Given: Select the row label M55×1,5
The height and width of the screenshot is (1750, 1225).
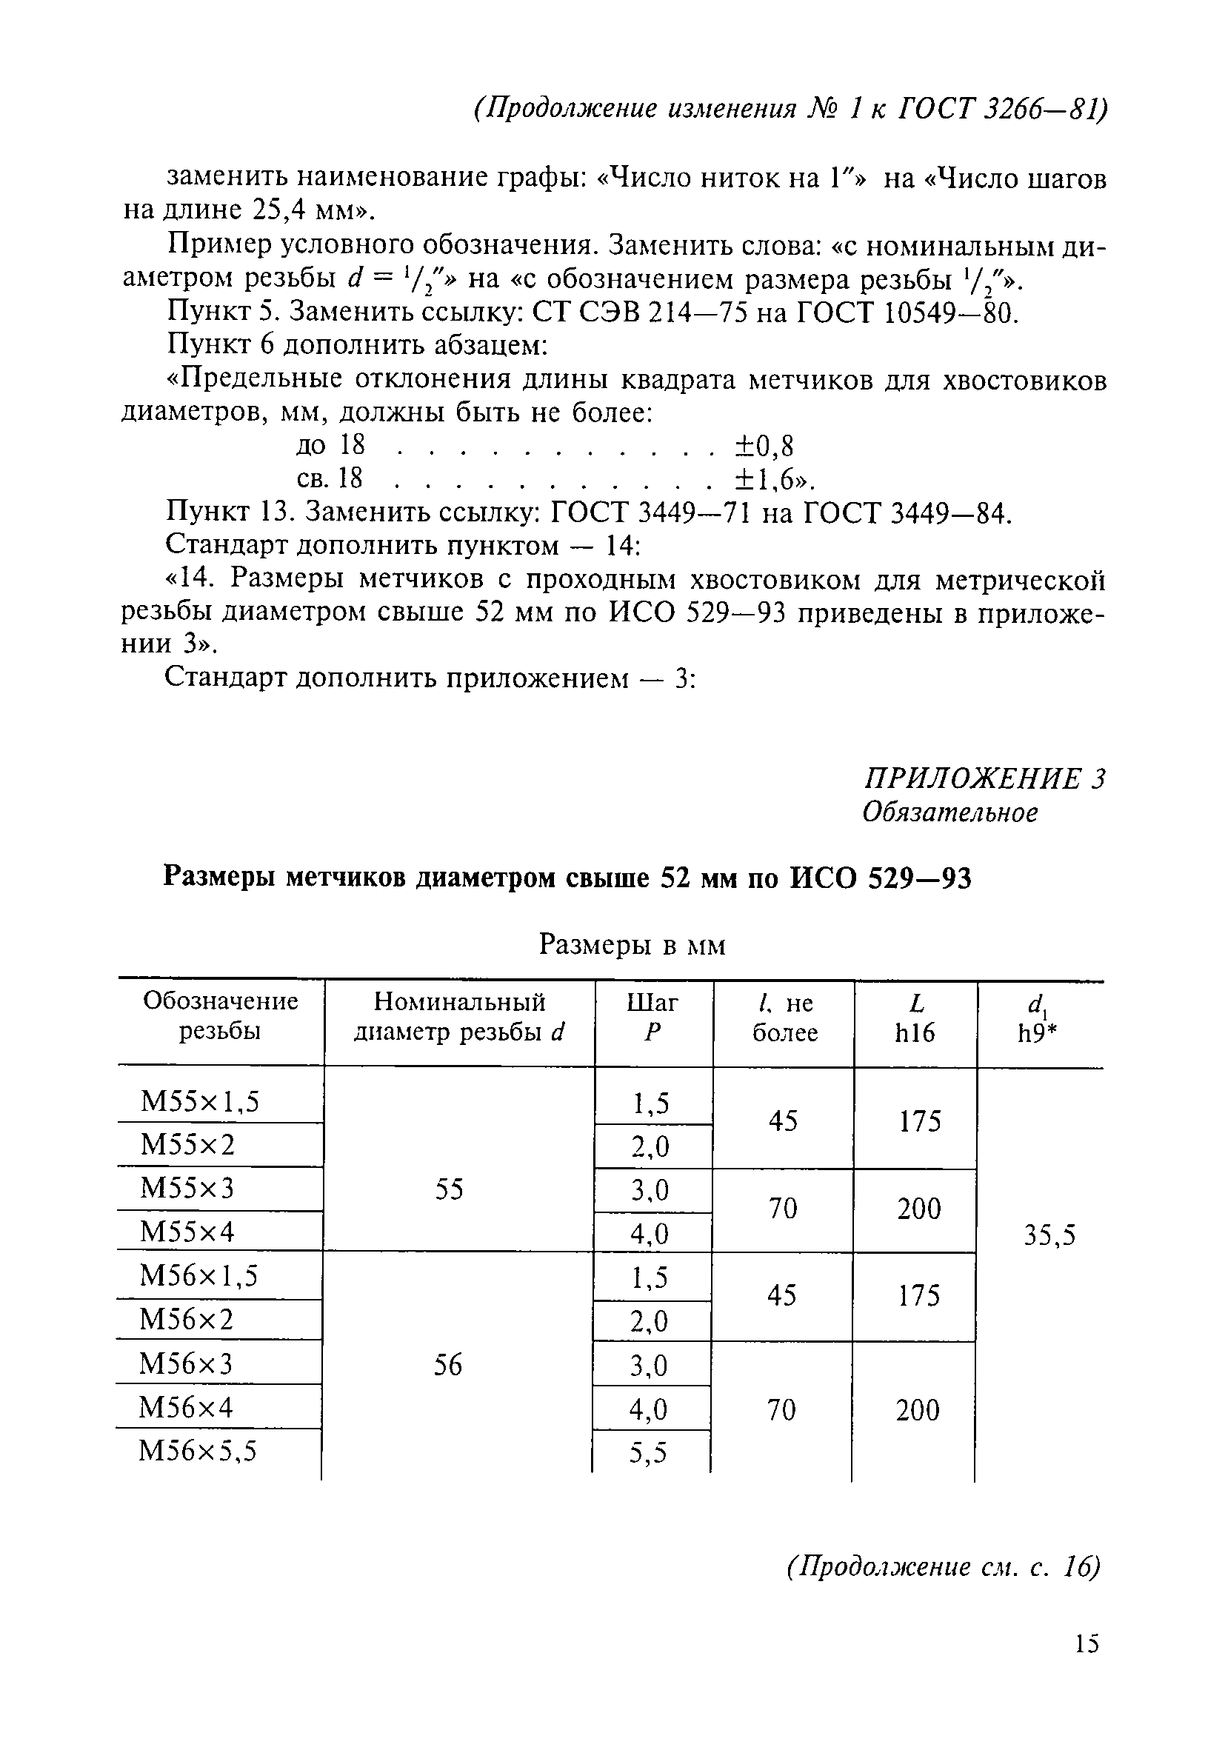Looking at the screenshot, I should [200, 1101].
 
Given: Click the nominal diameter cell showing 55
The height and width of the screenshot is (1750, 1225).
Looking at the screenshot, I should [449, 1189].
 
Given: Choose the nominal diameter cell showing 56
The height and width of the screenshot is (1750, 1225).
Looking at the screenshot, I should [447, 1364].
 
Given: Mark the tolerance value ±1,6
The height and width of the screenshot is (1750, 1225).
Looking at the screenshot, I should [772, 479].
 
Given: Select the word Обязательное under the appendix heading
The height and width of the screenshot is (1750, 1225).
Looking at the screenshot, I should [949, 812].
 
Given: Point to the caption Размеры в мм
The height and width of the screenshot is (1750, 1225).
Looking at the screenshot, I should [632, 945].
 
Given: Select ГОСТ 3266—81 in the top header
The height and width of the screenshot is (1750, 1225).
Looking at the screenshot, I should [1001, 109].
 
